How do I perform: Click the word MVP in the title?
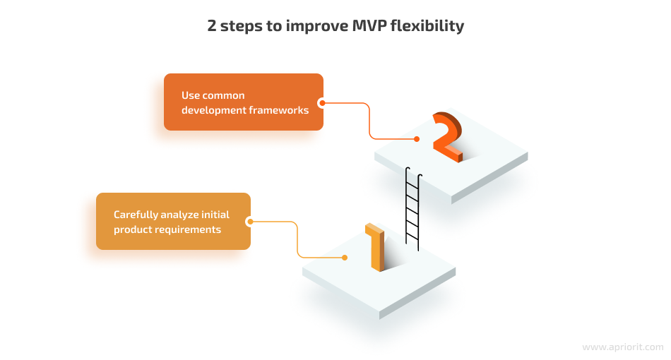tap(369, 25)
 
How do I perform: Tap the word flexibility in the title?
tap(427, 27)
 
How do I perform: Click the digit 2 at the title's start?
tap(212, 25)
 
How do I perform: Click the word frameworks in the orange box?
tap(278, 110)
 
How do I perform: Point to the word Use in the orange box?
tap(190, 95)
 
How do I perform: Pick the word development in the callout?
tap(213, 110)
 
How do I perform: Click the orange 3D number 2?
tap(448, 136)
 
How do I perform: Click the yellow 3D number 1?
tap(375, 247)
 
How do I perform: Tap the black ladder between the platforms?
tap(413, 209)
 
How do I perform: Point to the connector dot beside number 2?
tap(417, 139)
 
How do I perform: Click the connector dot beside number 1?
tap(345, 258)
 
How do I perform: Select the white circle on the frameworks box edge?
tap(322, 103)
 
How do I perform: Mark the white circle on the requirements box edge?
tap(250, 222)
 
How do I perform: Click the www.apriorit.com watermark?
tap(623, 347)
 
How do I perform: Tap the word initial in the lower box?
tap(215, 215)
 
